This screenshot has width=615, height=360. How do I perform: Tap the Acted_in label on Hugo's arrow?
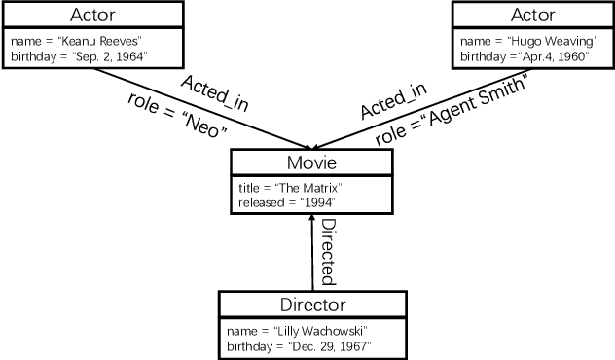[394, 94]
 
